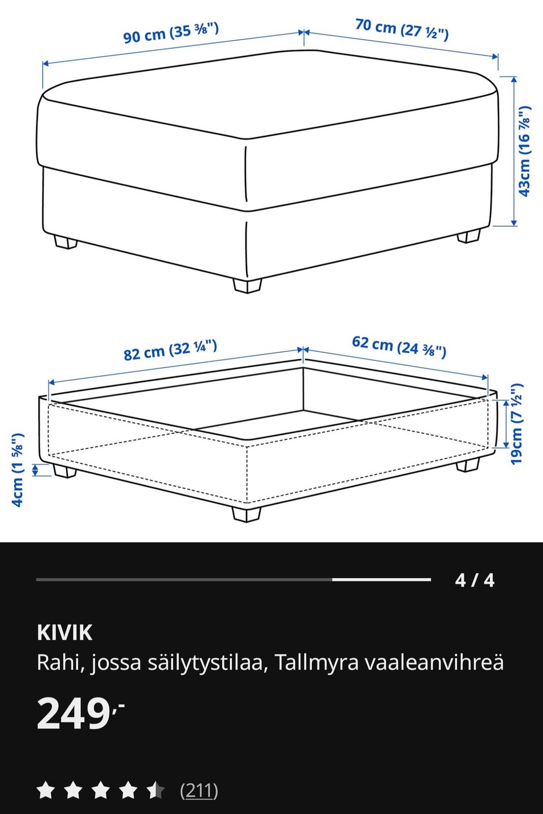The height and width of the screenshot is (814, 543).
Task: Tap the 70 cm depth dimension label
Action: [x=402, y=29]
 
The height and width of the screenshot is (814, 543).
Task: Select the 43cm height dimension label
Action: [x=524, y=151]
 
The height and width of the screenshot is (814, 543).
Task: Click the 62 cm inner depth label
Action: [x=399, y=346]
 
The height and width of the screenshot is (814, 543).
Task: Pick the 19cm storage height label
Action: [x=516, y=424]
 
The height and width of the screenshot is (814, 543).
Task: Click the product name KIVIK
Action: [x=64, y=632]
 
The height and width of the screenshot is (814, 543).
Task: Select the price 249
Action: [x=74, y=713]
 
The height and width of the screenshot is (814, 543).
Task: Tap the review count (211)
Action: [x=199, y=790]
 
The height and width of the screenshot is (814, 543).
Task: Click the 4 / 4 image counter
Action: [x=475, y=580]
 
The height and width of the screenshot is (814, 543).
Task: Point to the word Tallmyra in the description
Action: [x=317, y=662]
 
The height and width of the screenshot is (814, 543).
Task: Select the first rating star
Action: [x=45, y=790]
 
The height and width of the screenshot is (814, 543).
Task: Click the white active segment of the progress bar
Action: [x=381, y=580]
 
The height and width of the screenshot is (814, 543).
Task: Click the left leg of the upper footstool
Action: [x=66, y=243]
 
